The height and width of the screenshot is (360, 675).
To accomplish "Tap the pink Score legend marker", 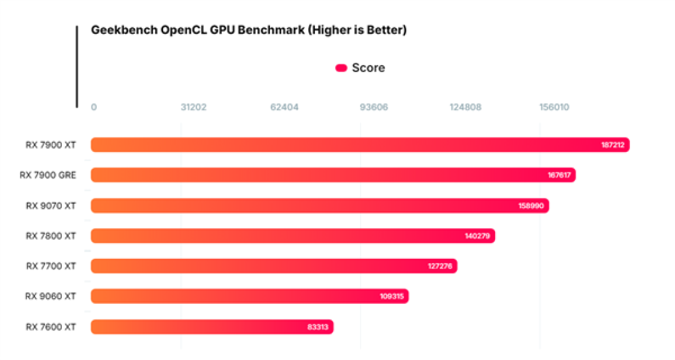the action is coord(341,68).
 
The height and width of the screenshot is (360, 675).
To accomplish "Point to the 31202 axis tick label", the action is coord(193,107).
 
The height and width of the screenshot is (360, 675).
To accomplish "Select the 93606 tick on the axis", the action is coord(374,107).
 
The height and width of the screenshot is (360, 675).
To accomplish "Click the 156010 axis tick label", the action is coord(554,107).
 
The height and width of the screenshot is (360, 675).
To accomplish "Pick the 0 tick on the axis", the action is coord(94,107).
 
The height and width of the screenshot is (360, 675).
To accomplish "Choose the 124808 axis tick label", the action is coord(466,107).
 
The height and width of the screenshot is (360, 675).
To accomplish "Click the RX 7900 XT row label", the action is coord(51,145).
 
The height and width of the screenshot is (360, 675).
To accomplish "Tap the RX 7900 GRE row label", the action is coord(47,175).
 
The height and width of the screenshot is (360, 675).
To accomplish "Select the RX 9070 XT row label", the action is coord(51,206).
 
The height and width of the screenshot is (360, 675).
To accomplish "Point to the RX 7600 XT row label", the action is coord(51,327).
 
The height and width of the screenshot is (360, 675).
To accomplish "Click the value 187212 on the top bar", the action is coord(612,145).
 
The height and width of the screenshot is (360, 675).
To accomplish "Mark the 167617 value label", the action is coord(559,175).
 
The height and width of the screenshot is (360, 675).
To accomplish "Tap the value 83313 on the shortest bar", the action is coord(317,327).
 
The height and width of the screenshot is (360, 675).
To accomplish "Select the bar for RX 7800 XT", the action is coord(292,236).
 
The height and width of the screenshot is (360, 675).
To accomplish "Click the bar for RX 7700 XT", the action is coord(274,266).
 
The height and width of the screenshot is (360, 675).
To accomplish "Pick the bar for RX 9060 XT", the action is coord(249,296).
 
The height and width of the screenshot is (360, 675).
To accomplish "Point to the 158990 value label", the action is coord(531,206).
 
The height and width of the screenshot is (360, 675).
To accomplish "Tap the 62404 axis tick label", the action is coord(284,107).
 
